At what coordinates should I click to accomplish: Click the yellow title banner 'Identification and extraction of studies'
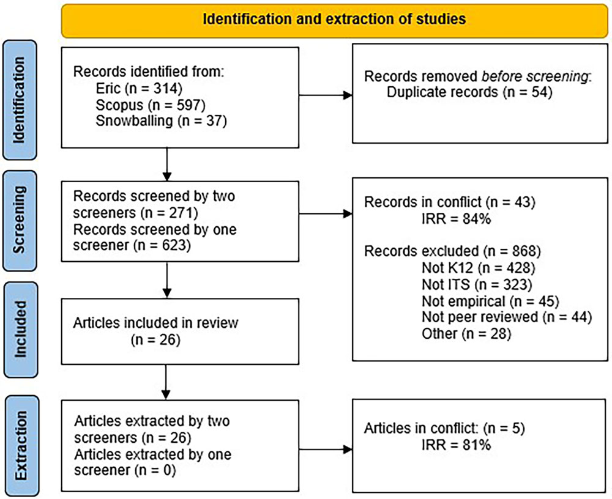pos(335,21)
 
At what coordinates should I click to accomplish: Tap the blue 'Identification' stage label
pos(20,100)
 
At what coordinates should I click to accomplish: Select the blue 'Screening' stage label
pos(20,221)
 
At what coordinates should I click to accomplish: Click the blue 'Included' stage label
pos(21,330)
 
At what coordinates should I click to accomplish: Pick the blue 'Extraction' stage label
pos(21,446)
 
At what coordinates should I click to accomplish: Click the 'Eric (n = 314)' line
pos(139,89)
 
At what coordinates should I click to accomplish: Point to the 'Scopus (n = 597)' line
pos(151,105)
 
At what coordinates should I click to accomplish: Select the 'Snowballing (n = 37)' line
pos(161,121)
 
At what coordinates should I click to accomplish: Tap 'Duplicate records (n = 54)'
pos(469,92)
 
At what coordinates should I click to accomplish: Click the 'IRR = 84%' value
pos(457,219)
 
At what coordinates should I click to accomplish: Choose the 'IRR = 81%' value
pos(457,445)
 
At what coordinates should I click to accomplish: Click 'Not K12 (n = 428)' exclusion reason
pos(479,268)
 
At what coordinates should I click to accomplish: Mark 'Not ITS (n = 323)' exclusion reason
pos(477,284)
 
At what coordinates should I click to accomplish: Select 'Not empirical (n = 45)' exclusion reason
pos(491,301)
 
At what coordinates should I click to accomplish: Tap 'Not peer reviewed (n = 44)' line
pos(507,317)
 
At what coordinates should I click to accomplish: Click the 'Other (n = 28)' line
pos(466,333)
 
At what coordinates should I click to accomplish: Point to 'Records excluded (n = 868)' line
pos(452,251)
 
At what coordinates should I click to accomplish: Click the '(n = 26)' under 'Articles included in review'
pos(155,340)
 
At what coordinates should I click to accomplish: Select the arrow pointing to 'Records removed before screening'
pos(326,95)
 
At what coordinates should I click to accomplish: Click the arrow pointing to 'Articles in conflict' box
pos(326,449)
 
